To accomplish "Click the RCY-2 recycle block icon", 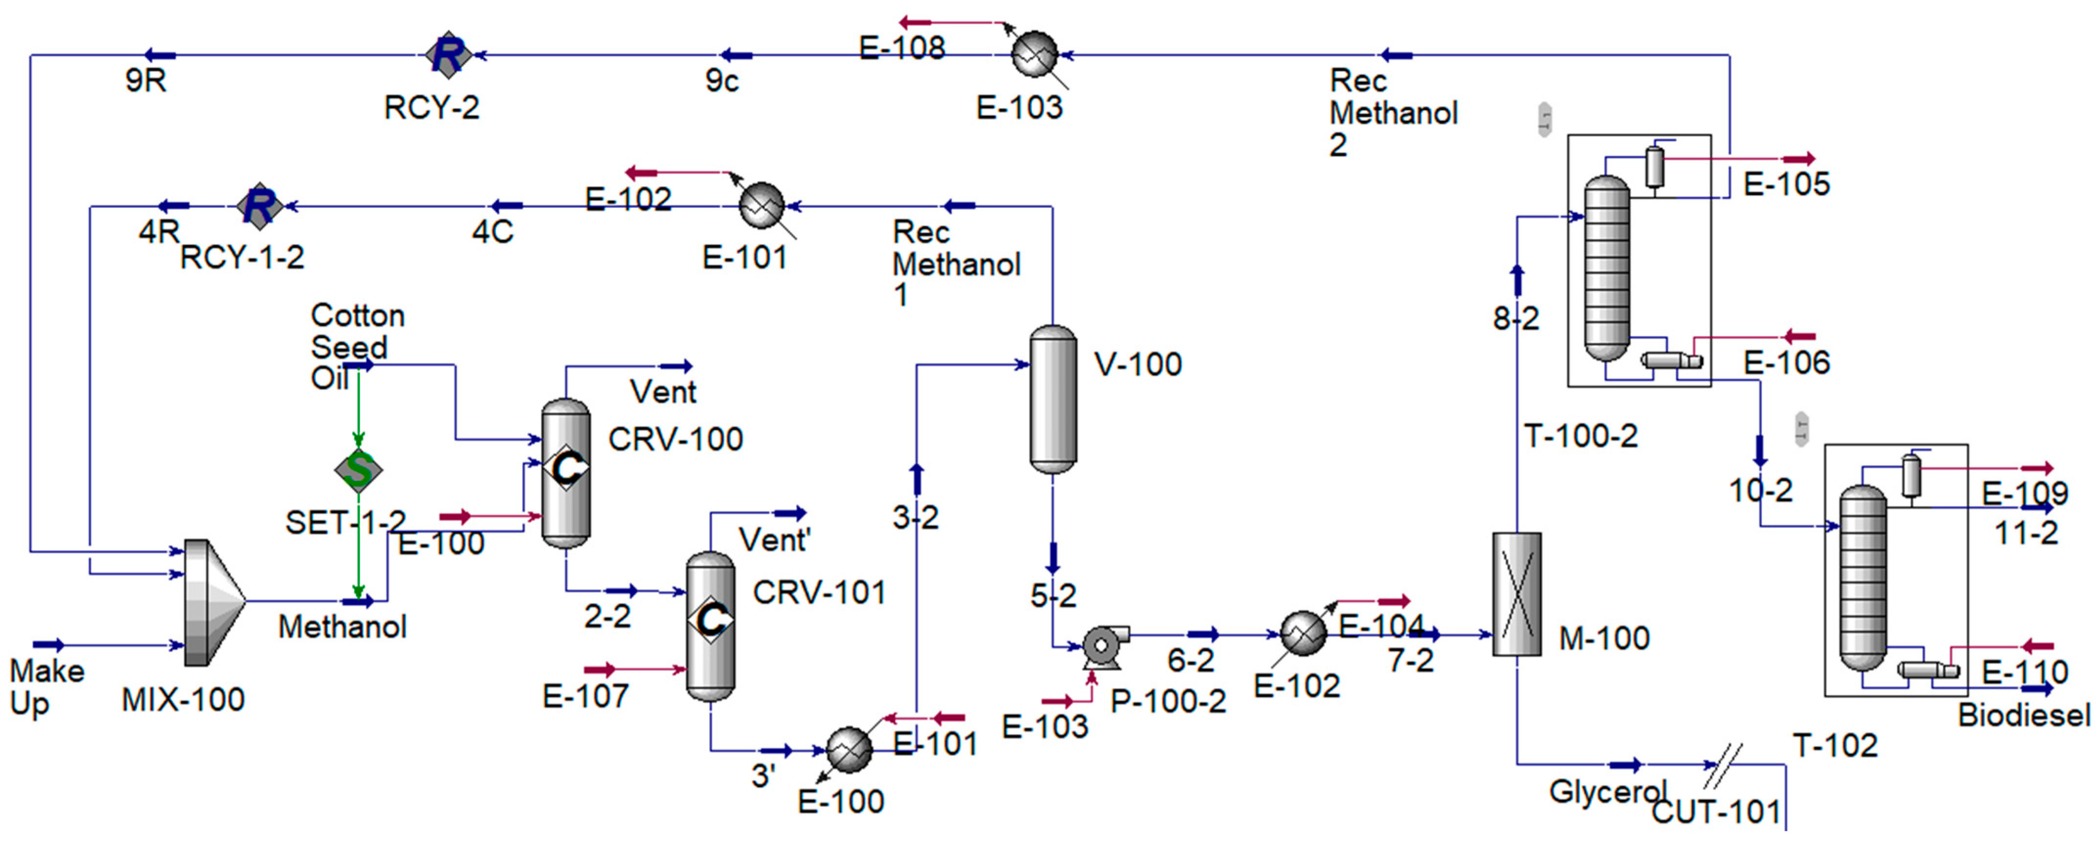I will point(447,55).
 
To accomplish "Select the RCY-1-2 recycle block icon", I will point(259,206).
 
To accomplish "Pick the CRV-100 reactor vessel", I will point(565,472).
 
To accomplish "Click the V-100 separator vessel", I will point(1053,400).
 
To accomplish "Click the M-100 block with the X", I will point(1517,594).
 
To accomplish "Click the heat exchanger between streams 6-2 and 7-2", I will point(1303,634).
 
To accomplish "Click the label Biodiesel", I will point(2024,715).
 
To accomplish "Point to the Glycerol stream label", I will point(1607,791).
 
